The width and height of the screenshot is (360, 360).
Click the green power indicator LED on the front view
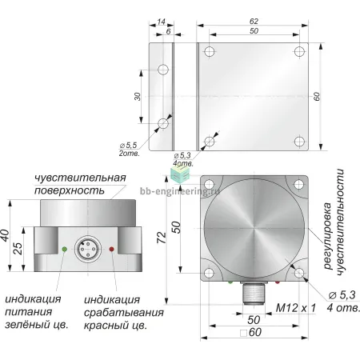64,250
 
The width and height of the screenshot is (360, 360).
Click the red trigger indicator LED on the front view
112,249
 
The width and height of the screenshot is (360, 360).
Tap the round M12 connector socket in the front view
88,250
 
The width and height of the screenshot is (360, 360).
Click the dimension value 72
162,238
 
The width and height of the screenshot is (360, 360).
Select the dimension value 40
6,235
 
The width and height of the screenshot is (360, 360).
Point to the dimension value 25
18,249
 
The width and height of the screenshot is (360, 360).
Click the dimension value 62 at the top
254,22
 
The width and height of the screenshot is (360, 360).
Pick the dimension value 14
161,22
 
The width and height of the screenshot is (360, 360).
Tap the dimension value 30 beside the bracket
137,96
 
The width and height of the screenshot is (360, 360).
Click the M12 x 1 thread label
295,308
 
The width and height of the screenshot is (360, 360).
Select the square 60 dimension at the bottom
250,333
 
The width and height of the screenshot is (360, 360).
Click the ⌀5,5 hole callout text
129,146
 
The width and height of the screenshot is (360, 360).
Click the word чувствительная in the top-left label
80,178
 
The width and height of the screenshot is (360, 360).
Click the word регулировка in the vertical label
327,236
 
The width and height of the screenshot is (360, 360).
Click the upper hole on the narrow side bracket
163,70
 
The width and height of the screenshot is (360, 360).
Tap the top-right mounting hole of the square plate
300,51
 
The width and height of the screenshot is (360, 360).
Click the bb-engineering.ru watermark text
180,191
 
